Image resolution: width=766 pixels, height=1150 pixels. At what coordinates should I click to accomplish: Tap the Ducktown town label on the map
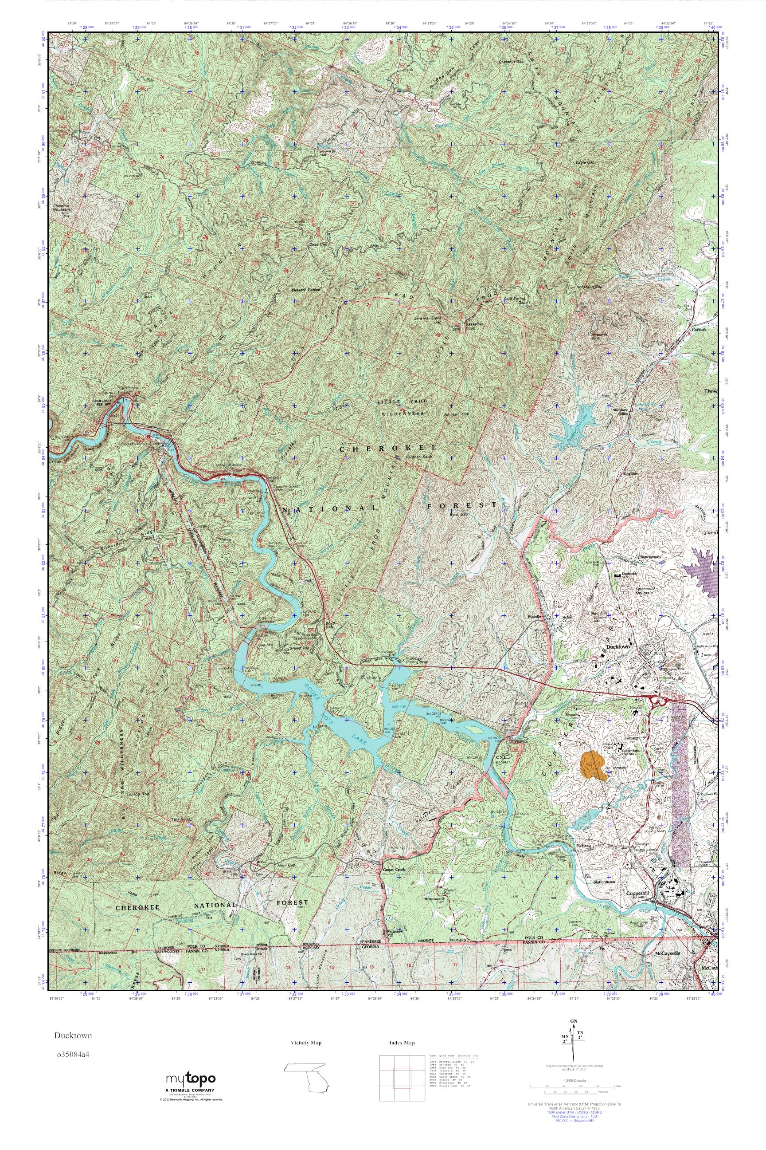(x=617, y=647)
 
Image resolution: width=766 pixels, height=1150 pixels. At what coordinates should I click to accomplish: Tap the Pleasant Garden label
(x=305, y=289)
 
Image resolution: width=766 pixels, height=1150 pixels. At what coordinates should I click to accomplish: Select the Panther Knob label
(x=419, y=457)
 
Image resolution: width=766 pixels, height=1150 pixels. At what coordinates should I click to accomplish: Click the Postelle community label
(x=536, y=617)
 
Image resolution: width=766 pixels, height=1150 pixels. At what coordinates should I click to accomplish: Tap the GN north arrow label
(x=574, y=1021)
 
